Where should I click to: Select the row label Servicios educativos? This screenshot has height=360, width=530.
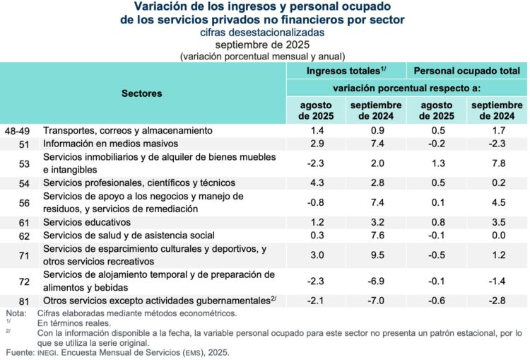(x=83, y=222)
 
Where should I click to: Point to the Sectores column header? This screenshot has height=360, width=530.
(x=141, y=93)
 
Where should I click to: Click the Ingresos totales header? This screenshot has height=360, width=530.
(x=346, y=71)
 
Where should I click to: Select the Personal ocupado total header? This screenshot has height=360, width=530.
(x=467, y=71)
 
